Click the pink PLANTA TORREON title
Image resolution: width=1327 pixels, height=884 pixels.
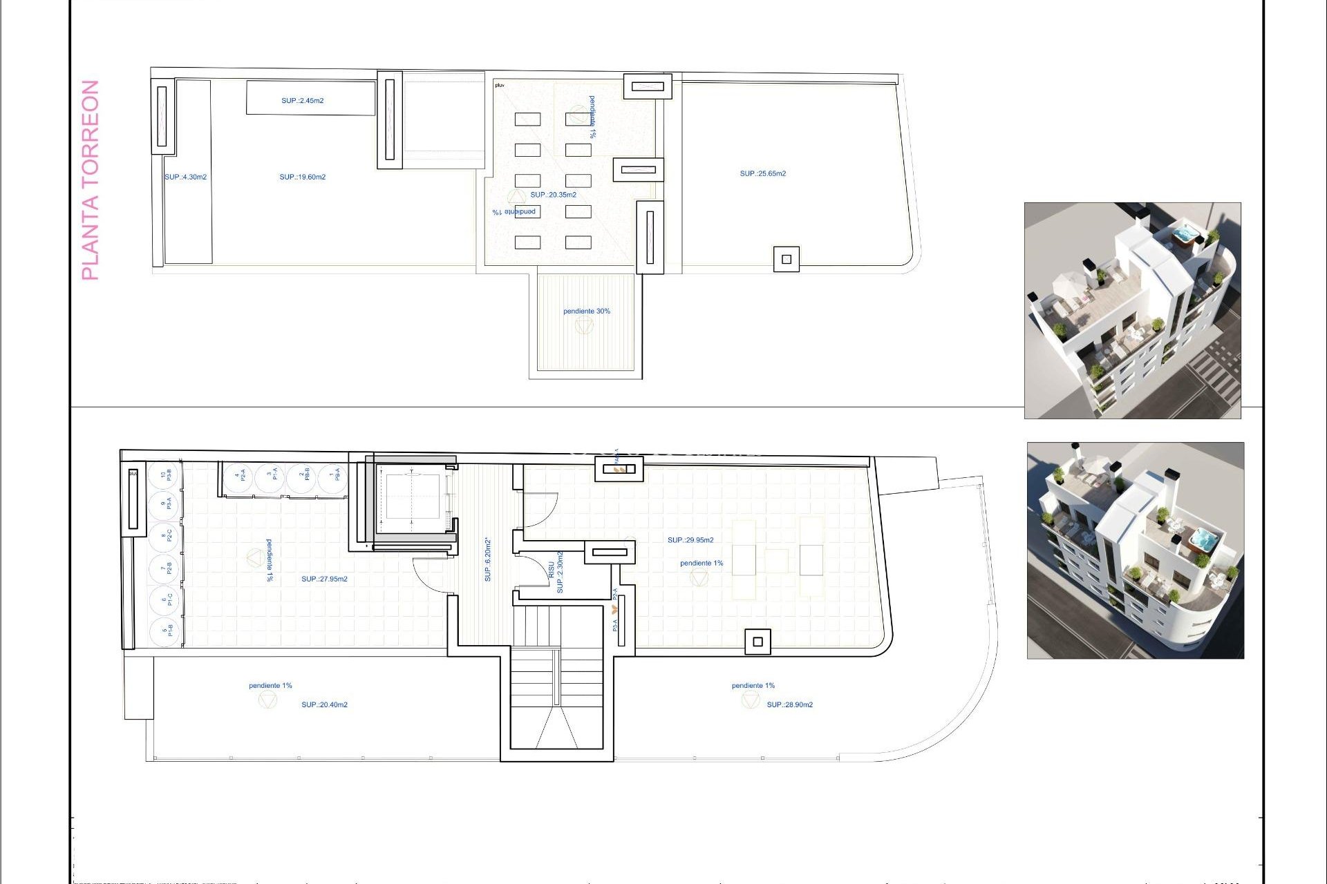(91, 180)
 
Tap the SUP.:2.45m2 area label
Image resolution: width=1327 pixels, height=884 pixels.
(302, 101)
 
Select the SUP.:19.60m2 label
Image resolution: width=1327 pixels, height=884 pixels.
(302, 177)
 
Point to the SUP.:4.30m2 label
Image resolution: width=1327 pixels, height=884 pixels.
(185, 177)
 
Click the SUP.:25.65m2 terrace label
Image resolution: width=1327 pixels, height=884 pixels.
(762, 174)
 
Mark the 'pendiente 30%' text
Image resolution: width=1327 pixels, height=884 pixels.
(586, 311)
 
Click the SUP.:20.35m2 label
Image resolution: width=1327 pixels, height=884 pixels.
(553, 195)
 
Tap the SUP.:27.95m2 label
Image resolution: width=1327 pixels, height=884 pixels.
(324, 579)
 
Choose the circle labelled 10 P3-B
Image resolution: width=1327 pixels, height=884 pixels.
(165, 475)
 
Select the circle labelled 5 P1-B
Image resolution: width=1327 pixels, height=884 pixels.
(165, 630)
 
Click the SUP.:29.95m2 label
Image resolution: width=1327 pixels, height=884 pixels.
(690, 540)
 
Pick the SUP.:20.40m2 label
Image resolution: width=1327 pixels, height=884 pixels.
(324, 705)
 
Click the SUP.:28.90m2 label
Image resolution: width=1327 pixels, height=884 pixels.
(789, 705)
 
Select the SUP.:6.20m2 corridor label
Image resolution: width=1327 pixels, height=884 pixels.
(488, 559)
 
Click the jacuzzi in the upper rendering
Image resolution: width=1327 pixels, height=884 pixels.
(1185, 235)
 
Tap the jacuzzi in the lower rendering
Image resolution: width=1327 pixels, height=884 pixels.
(1203, 539)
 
